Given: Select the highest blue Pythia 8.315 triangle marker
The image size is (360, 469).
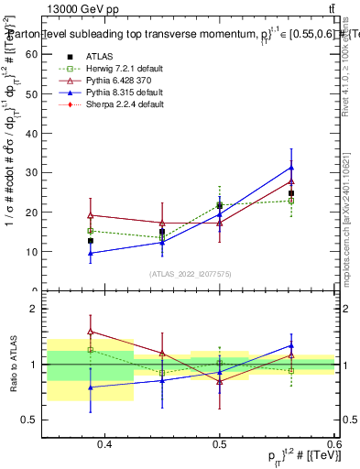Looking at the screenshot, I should pyautogui.click(x=291, y=168).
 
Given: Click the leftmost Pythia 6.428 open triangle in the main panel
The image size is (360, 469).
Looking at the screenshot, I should pyautogui.click(x=90, y=215).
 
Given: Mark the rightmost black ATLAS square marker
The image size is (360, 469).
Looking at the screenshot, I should pyautogui.click(x=291, y=193).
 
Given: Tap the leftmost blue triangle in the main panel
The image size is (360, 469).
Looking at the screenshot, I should pyautogui.click(x=90, y=253).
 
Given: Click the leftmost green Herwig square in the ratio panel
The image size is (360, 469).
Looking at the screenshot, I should pyautogui.click(x=90, y=349).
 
